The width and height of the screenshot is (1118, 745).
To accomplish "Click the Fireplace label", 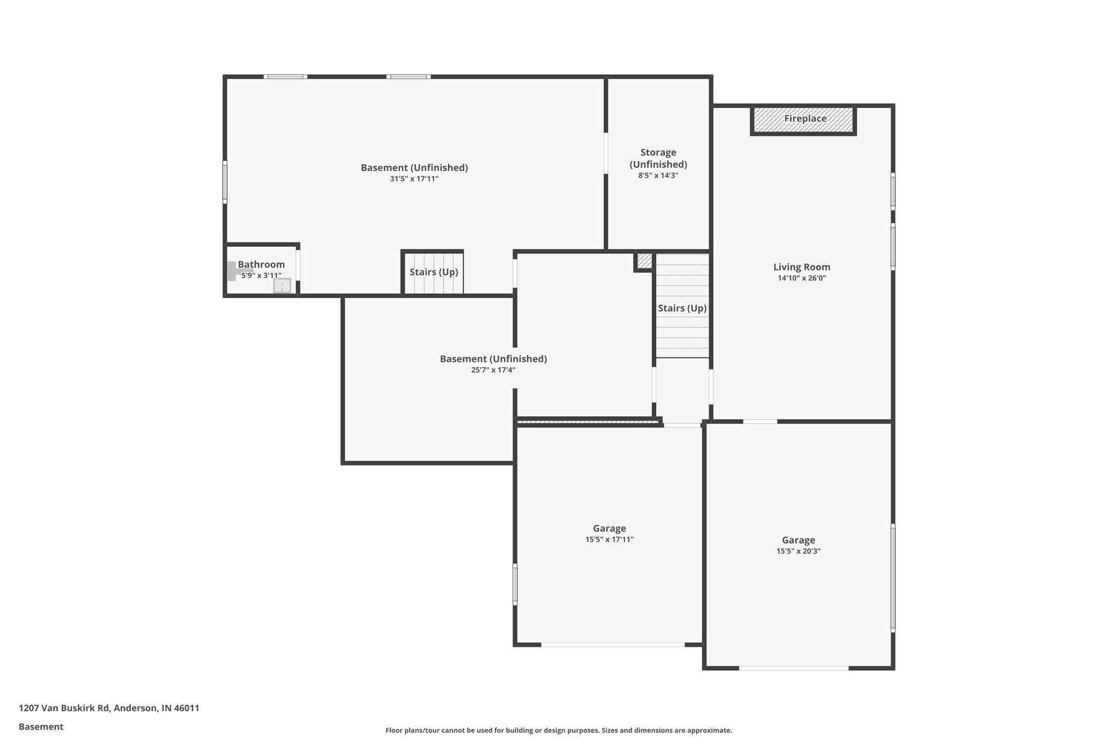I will pos(805,118).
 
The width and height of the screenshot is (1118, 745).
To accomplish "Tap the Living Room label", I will pos(801,267).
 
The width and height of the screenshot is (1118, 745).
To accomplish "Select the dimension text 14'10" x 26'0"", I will pos(801,278).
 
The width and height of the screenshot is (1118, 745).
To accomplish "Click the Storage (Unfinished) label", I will pos(658,158).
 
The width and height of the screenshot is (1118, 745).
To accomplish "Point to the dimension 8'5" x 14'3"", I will pos(658,176).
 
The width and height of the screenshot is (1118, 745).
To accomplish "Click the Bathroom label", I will pos(261,265).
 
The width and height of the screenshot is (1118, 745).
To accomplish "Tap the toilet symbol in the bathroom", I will pos(235,271).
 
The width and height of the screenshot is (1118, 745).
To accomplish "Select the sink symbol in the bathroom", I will pos(282,286).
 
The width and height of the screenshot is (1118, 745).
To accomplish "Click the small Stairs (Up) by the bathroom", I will pos(433,272).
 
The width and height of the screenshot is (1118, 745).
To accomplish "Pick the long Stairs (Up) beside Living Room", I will pos(682,308).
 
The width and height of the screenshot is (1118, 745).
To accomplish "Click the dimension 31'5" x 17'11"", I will pos(414,179).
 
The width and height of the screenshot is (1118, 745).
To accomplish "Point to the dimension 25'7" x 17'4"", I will pos(493,370).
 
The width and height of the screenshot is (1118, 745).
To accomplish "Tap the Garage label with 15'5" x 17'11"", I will pos(609,528).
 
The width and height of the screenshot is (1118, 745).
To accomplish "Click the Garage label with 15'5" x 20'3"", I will pos(798,540).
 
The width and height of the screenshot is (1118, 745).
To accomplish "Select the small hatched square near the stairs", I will pos(644,261).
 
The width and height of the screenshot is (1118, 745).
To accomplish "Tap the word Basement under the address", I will pos(41,726).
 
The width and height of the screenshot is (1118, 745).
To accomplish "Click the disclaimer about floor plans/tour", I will pos(558,730).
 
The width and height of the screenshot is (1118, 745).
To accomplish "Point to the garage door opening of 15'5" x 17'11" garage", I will pos(612,645).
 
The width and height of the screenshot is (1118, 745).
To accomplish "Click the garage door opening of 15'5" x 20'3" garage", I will pos(794,667).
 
